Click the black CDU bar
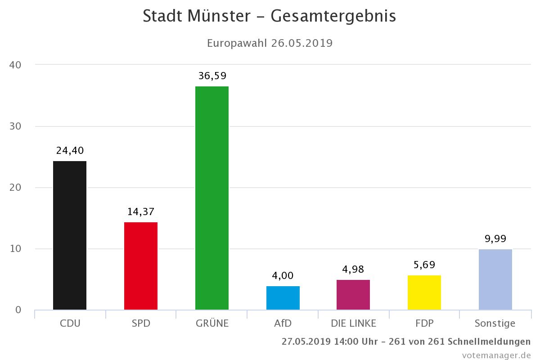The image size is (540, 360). (70, 235)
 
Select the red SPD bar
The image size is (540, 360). (141, 266)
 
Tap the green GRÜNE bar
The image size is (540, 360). (212, 198)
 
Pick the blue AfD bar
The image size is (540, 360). (283, 298)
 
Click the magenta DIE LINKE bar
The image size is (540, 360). (353, 295)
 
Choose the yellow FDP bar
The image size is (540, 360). (424, 292)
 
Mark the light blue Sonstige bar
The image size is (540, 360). (495, 279)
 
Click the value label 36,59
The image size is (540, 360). (212, 76)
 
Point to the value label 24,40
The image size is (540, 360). (70, 151)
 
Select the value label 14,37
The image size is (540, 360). (141, 212)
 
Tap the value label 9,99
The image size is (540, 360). (495, 239)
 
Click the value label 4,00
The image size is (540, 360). (283, 276)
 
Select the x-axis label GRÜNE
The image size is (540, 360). (212, 323)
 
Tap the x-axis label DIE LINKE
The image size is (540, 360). (353, 323)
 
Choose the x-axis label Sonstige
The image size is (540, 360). (495, 323)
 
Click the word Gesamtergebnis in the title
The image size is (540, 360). (333, 16)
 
